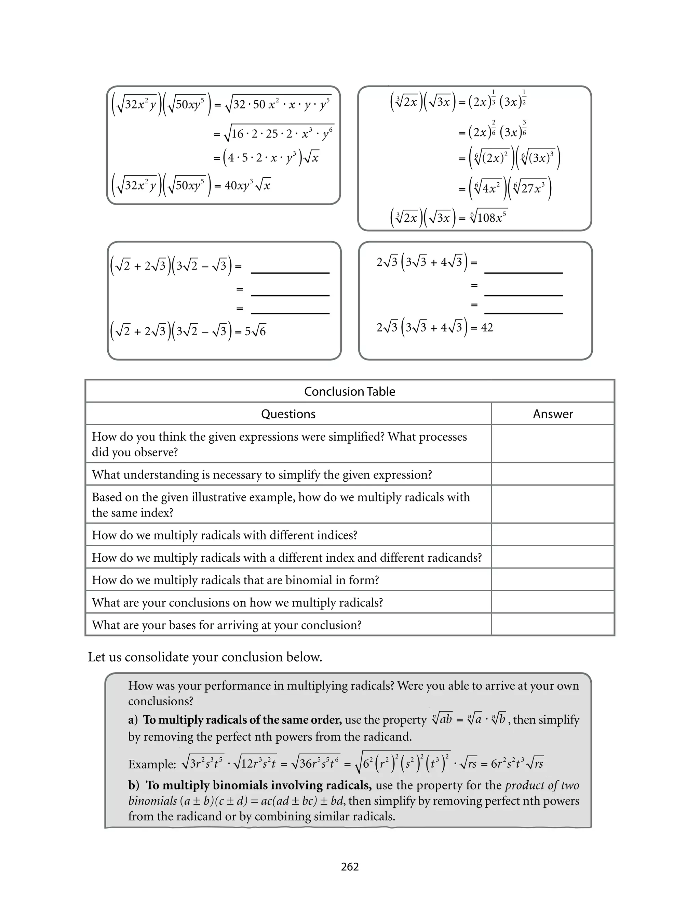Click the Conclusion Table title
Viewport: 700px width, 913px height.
(350, 391)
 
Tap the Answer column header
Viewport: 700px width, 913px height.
(553, 414)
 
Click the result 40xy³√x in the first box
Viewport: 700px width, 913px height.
(247, 185)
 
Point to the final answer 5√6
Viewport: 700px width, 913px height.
(255, 331)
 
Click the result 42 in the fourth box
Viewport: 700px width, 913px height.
(487, 328)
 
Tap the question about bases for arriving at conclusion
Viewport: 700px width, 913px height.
(227, 625)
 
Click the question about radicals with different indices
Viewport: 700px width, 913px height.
(225, 535)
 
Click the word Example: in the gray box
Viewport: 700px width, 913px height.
(152, 764)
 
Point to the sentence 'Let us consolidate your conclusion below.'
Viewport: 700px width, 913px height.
(205, 657)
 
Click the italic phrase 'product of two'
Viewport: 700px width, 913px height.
(542, 785)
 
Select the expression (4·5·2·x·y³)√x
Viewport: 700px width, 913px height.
(271, 158)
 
